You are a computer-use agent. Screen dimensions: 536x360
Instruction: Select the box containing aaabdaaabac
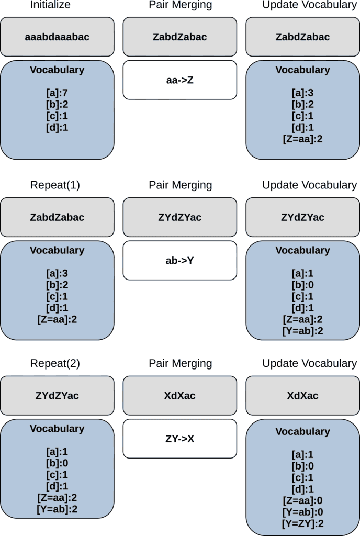[x=57, y=37]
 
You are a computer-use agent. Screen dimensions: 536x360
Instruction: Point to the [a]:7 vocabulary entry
[x=57, y=94]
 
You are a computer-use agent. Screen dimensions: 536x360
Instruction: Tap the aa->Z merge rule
[x=179, y=80]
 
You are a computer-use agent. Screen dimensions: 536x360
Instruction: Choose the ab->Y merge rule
[x=179, y=260]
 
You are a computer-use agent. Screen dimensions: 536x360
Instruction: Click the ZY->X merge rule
[x=179, y=439]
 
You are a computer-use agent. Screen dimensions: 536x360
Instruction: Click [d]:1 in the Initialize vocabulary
[x=57, y=127]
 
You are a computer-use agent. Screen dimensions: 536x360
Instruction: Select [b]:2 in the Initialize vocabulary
[x=57, y=105]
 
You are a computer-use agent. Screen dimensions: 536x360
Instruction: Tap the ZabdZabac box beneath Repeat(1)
[x=57, y=217]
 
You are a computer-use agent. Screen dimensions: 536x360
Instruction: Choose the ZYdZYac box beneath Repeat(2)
[x=57, y=395]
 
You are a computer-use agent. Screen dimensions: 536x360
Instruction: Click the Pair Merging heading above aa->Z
[x=179, y=5]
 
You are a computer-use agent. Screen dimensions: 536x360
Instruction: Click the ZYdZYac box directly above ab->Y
[x=179, y=217]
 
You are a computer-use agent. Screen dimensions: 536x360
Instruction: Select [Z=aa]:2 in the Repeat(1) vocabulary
[x=57, y=319]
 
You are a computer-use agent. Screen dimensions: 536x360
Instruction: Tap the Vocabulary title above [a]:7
[x=57, y=70]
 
